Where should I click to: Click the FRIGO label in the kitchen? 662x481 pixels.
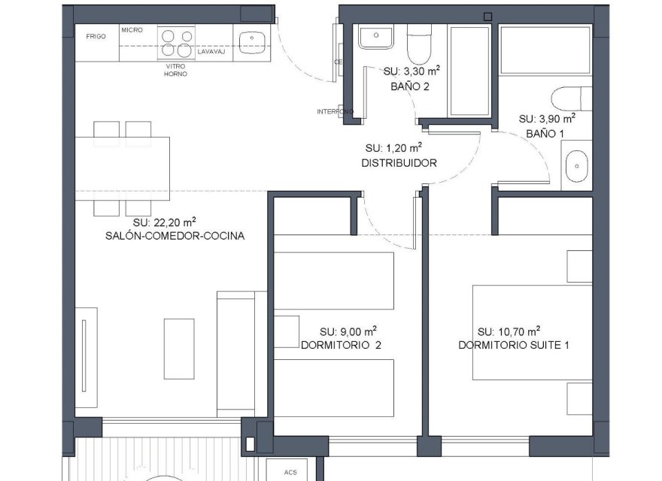95,36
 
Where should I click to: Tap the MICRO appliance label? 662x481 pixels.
132,31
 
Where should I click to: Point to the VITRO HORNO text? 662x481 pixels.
176,70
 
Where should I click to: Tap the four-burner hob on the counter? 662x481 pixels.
176,43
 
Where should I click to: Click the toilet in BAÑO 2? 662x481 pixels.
418,47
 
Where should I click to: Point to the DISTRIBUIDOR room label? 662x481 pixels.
399,163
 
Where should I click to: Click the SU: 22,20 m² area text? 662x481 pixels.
165,222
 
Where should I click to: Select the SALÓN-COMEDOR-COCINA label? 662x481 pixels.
176,236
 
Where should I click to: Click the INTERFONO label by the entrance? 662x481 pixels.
335,112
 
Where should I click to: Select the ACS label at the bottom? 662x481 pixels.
291,473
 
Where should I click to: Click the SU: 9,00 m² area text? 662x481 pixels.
348,331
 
